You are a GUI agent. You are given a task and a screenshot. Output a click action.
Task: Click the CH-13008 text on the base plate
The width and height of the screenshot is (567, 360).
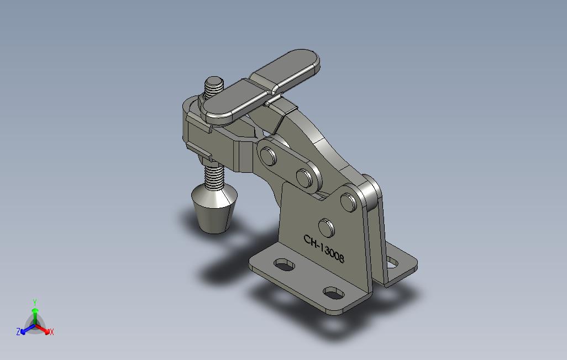(x=324, y=249)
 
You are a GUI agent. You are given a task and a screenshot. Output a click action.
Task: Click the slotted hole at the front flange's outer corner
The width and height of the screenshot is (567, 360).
(x=334, y=293)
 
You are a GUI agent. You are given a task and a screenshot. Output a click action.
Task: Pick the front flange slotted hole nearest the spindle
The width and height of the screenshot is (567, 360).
(x=284, y=264)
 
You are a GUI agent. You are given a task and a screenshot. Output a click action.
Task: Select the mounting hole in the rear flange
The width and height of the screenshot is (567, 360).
(x=392, y=263)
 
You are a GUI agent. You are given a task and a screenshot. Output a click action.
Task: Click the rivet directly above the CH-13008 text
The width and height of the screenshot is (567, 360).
(x=327, y=227)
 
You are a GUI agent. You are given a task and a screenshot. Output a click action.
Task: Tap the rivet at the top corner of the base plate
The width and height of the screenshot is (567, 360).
(x=348, y=202)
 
